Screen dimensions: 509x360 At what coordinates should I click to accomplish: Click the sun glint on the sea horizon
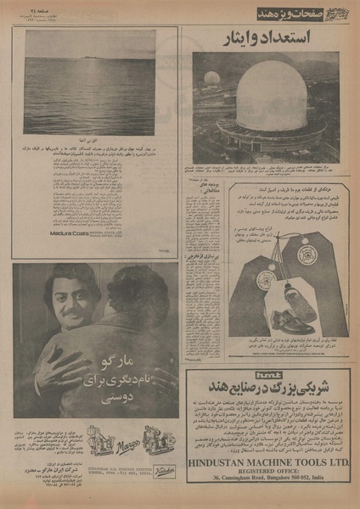tap(86, 59)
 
